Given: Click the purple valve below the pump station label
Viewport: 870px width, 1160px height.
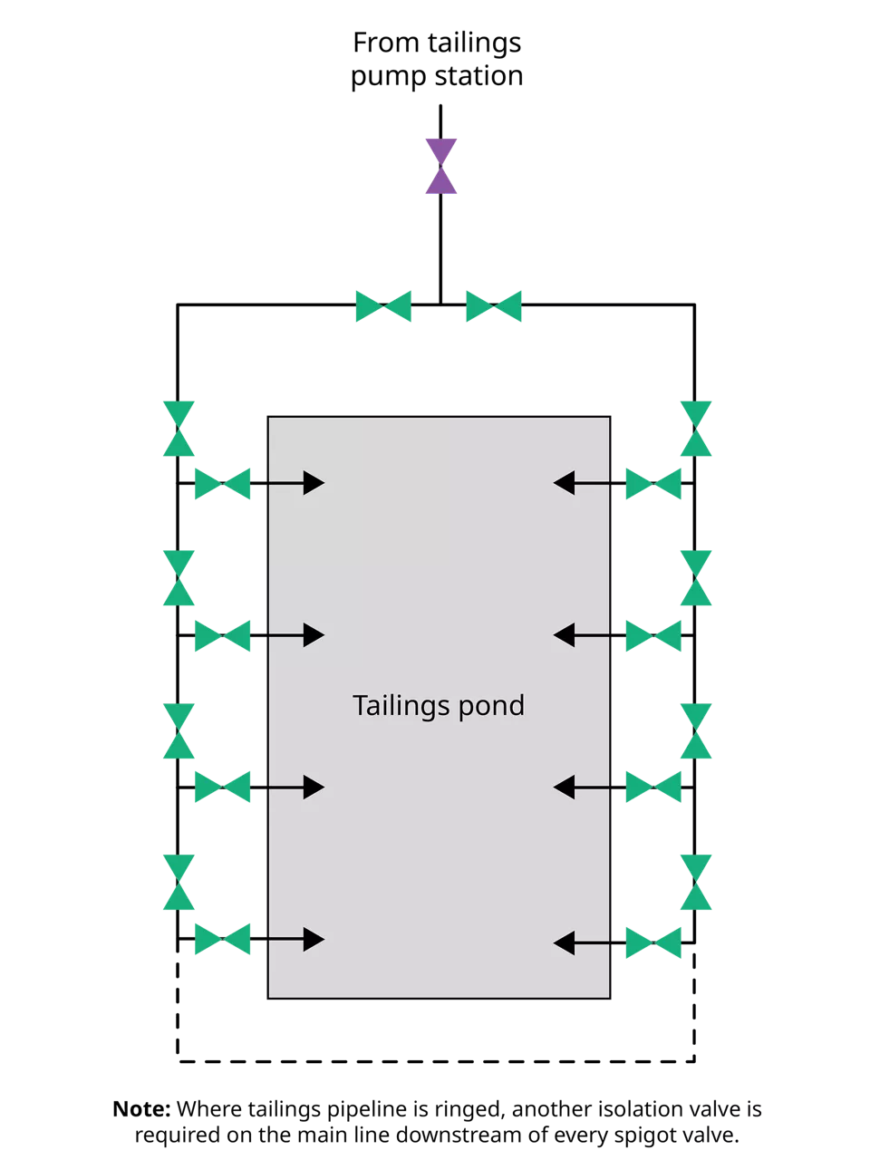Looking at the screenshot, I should click(x=441, y=167).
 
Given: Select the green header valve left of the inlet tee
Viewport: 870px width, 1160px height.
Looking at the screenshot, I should click(x=383, y=306).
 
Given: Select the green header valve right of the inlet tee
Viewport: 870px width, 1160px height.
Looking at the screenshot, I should click(x=494, y=306).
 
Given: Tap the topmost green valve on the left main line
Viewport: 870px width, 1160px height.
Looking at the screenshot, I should click(x=179, y=429).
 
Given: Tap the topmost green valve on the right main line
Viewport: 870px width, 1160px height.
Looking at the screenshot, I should click(x=696, y=429).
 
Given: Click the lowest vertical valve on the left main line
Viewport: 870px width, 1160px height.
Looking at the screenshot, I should click(x=179, y=882).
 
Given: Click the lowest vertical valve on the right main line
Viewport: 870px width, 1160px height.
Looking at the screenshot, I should click(x=696, y=882).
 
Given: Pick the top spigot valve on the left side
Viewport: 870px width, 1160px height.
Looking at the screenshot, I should click(x=223, y=484).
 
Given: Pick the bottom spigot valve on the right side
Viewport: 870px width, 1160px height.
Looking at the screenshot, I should click(x=653, y=943).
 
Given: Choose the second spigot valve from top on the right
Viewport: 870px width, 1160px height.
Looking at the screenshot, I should click(x=653, y=636).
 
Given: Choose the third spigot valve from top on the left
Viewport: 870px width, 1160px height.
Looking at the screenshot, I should click(x=223, y=788).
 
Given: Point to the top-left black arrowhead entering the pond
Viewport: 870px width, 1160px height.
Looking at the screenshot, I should click(x=314, y=483).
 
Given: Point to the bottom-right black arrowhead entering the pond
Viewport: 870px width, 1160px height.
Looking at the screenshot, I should click(x=565, y=943).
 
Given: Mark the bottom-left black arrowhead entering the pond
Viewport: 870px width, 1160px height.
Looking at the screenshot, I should click(x=314, y=939).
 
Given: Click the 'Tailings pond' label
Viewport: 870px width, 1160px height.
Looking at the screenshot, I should click(x=439, y=706).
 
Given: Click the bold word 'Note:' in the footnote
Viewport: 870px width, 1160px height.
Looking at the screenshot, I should click(x=141, y=1109).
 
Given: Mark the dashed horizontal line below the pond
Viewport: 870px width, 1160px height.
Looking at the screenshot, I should click(x=436, y=1060).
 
